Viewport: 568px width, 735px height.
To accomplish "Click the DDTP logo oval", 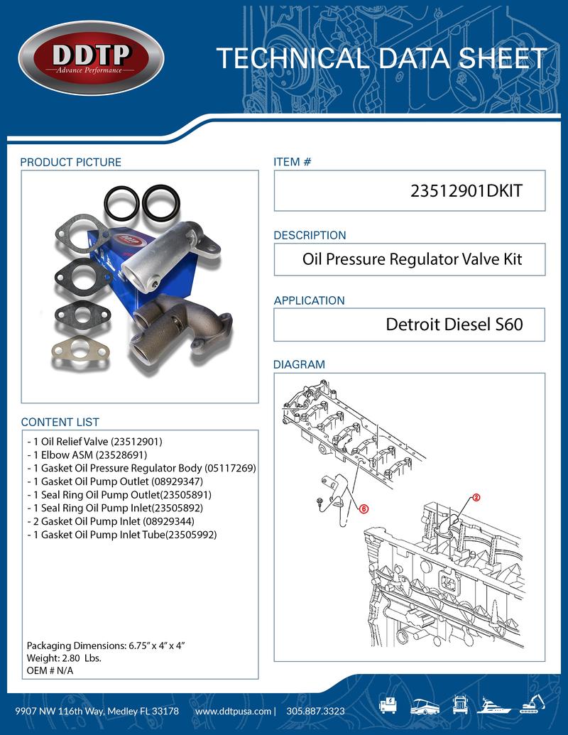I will click(x=90, y=59).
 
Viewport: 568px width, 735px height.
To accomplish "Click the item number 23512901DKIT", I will click(x=467, y=191).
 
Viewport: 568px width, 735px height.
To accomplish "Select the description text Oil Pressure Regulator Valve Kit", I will click(x=412, y=259).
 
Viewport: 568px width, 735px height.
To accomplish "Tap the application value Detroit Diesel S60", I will click(x=454, y=325).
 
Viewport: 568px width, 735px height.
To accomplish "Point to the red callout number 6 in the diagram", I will click(x=364, y=508).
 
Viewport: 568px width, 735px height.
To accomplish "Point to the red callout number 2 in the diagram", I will click(x=476, y=498).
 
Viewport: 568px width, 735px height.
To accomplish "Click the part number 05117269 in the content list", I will click(x=229, y=468).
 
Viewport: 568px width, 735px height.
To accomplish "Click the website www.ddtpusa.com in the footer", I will click(x=233, y=711).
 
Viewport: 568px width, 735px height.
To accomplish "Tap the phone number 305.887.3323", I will click(x=316, y=711).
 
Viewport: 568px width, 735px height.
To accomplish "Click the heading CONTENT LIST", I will click(x=60, y=422).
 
